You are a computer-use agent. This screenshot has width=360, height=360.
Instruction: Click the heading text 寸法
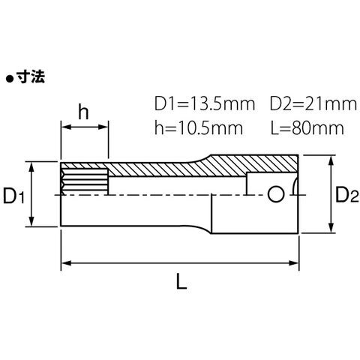(31, 76)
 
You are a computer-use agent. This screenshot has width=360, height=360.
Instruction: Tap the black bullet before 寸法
(10, 79)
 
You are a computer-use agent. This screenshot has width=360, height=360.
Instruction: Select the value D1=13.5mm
(205, 104)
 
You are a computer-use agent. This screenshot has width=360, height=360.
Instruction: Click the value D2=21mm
(313, 104)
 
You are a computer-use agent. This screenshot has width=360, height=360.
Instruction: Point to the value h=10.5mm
(199, 128)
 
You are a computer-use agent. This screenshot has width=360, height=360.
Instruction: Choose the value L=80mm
(307, 128)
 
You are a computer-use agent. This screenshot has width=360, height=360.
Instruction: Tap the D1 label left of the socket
(13, 196)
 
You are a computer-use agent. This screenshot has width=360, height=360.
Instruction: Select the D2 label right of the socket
(346, 195)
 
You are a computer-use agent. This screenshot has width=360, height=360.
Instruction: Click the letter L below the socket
(181, 281)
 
